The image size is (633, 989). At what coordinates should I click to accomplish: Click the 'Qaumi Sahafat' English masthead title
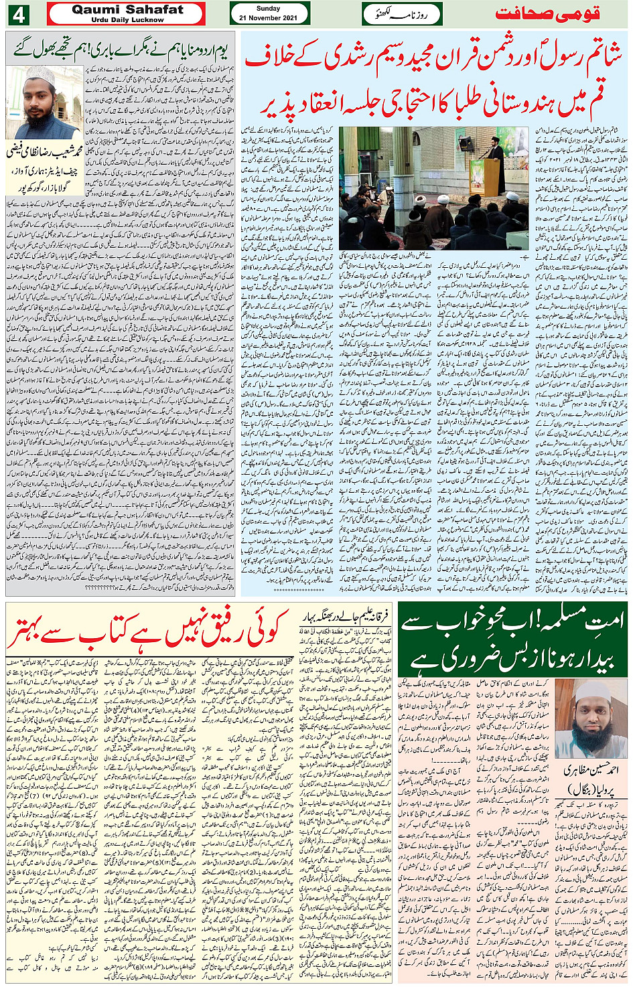[127, 9]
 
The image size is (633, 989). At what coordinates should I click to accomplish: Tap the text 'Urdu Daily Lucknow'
[127, 19]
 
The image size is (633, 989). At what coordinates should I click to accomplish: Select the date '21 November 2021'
[268, 18]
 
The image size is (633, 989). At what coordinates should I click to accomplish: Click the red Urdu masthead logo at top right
[547, 13]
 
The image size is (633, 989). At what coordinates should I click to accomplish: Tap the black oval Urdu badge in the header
[402, 13]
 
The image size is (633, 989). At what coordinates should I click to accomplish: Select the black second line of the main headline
[434, 99]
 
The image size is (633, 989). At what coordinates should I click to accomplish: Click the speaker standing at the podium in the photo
[496, 167]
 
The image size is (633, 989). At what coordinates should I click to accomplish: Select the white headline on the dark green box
[512, 639]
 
